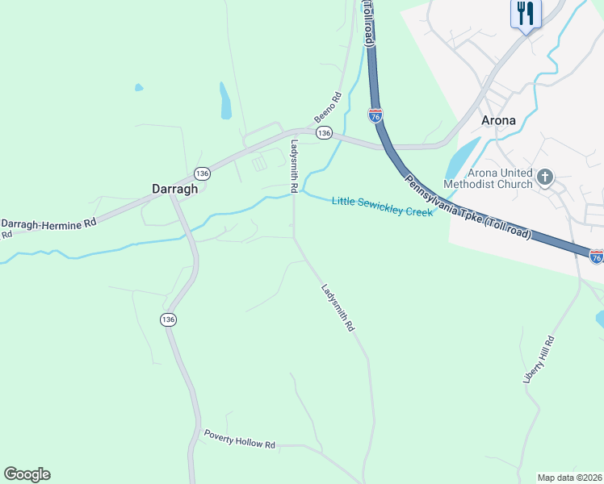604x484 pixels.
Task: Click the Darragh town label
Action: (x=175, y=189)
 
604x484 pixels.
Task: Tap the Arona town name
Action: (x=498, y=120)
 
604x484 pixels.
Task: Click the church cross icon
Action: (x=545, y=177)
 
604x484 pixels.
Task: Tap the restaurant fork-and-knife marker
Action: (x=526, y=14)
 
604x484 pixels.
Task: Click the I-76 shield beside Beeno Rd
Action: (x=375, y=115)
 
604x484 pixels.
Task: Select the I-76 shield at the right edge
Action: (x=596, y=257)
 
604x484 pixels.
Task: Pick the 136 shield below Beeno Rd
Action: (x=324, y=132)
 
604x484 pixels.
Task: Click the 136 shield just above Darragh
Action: (x=202, y=173)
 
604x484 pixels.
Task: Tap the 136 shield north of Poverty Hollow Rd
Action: (x=168, y=319)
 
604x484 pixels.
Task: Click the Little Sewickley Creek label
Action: (x=382, y=206)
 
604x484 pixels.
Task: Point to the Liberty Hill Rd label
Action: (x=539, y=359)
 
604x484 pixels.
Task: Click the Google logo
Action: (x=27, y=474)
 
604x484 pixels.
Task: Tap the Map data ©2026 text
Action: (x=569, y=478)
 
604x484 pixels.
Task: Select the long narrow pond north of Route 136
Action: (x=225, y=100)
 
